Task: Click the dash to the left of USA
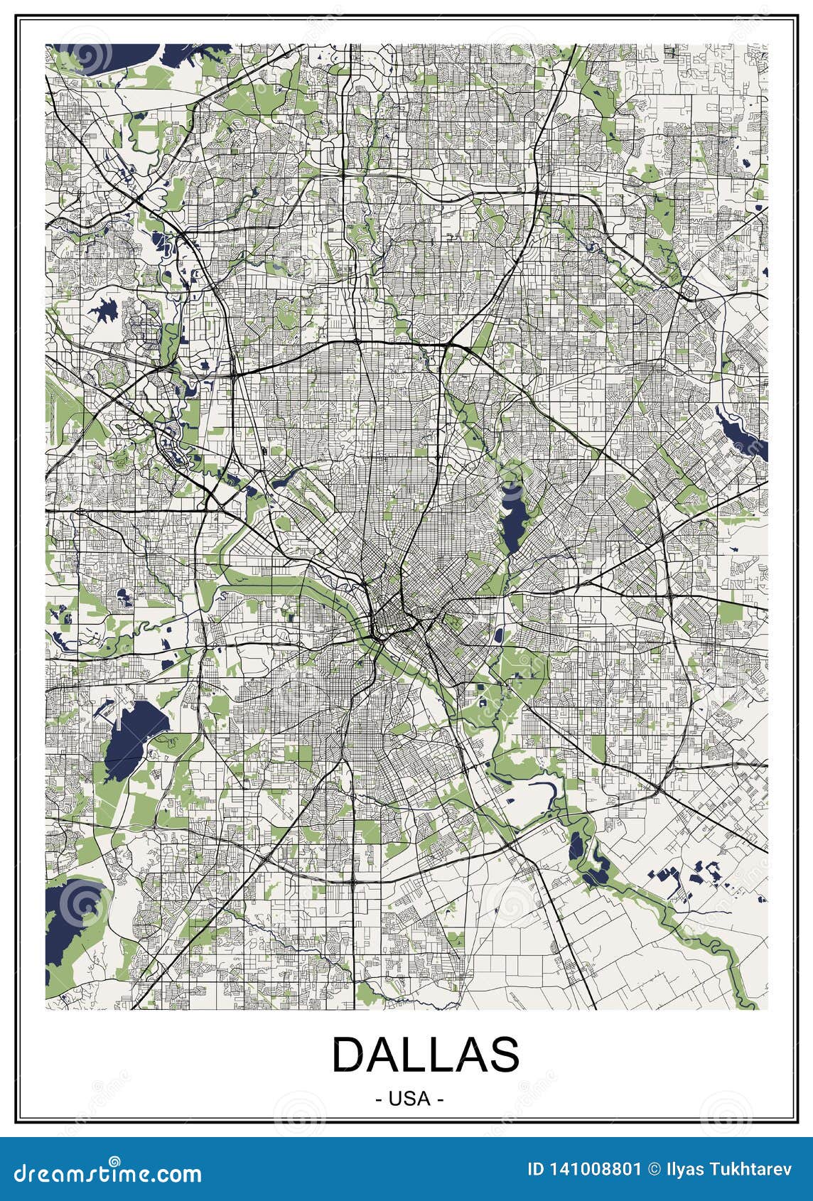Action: tap(377, 1099)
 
